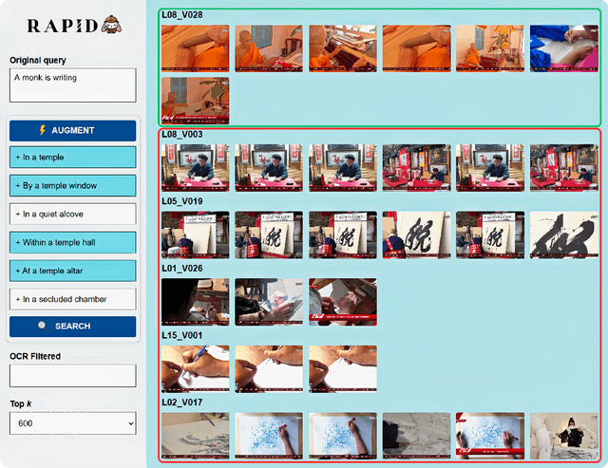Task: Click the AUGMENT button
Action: pos(73,131)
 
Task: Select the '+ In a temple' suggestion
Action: pos(73,158)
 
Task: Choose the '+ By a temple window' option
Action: pos(73,185)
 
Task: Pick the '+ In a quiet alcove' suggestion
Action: pos(73,214)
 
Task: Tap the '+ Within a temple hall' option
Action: pos(73,242)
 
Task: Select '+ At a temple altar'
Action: pos(73,271)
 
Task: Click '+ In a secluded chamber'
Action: pos(73,299)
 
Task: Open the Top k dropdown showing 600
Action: pos(73,423)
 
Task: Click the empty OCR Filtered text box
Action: pos(73,375)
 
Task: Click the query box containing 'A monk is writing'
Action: pos(73,85)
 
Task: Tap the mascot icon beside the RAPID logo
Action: pos(112,26)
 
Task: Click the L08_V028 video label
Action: pos(181,15)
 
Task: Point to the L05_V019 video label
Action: pos(181,201)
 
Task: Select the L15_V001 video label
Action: pos(181,335)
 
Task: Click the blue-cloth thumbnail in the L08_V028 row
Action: pos(563,48)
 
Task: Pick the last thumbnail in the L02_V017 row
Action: pos(563,436)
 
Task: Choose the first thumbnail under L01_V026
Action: pos(196,302)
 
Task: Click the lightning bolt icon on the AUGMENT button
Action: pos(42,130)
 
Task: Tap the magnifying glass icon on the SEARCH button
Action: pos(43,327)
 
